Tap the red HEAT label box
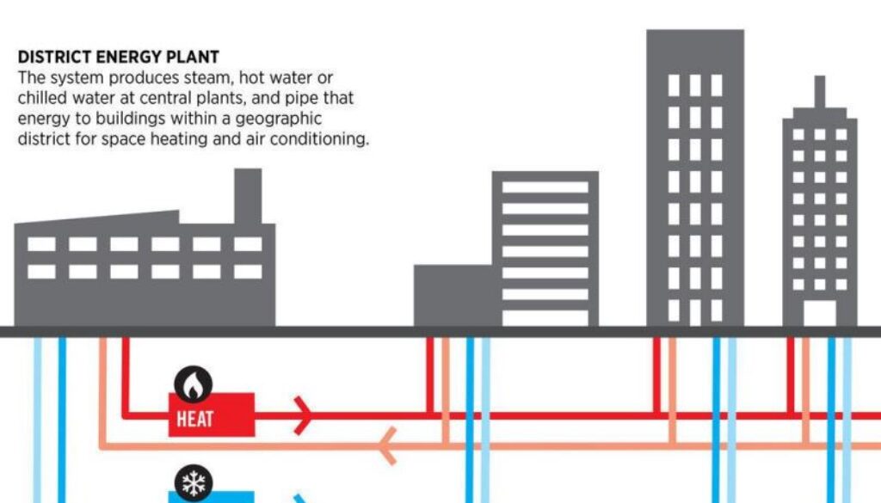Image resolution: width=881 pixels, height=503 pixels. pyautogui.click(x=211, y=414)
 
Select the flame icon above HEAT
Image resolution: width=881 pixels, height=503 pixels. pyautogui.click(x=194, y=386)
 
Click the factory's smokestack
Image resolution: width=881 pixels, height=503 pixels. pyautogui.click(x=248, y=196)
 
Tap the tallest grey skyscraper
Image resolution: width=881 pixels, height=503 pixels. pyautogui.click(x=694, y=172)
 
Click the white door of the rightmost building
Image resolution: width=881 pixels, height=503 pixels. pyautogui.click(x=819, y=313)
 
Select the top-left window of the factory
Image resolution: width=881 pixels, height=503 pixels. pyautogui.click(x=41, y=244)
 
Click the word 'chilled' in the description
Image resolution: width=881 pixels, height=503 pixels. pyautogui.click(x=40, y=99)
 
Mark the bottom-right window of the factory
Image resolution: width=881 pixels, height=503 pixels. pyautogui.click(x=248, y=272)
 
